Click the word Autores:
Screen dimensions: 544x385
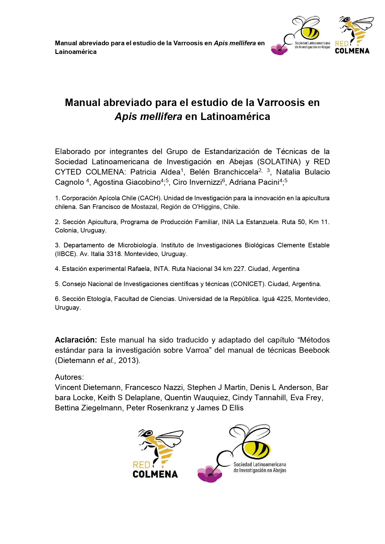tap(69, 377)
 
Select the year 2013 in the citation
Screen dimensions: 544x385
tap(128, 360)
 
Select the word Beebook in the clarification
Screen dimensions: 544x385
tap(314, 350)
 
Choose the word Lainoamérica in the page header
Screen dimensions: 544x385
tap(76, 52)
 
